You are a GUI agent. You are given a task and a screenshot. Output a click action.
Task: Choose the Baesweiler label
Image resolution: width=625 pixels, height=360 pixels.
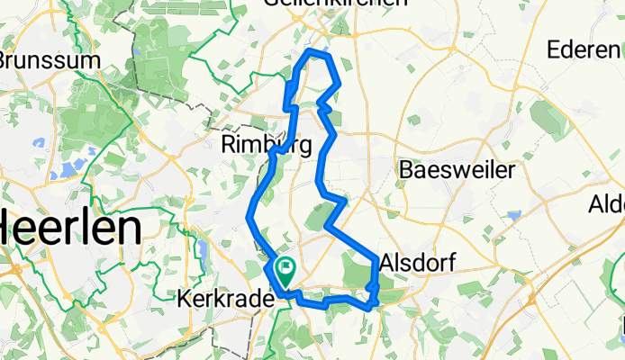click(457, 169)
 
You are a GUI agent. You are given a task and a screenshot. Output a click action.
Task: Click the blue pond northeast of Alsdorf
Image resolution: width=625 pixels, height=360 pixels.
click(513, 216)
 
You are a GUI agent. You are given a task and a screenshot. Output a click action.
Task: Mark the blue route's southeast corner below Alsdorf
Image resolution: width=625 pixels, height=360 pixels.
click(369, 307)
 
